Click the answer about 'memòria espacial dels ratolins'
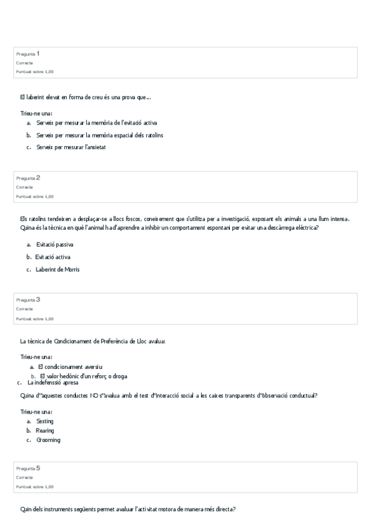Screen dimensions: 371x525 [x=100, y=134]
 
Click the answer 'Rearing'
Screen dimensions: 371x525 [x=45, y=430]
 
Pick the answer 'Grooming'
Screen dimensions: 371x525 [x=48, y=440]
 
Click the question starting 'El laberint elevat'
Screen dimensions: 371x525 [x=85, y=97]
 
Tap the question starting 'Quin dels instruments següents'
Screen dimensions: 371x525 [x=128, y=510]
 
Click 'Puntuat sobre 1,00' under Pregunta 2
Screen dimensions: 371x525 [x=35, y=196]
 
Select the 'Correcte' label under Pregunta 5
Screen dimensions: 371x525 [x=25, y=477]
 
